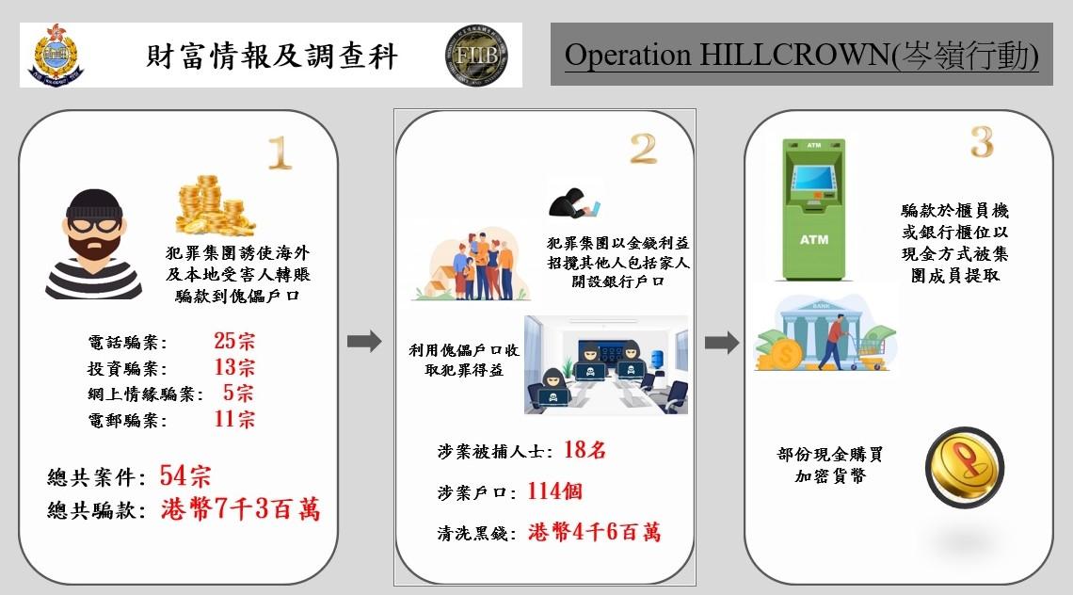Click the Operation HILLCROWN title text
(x=801, y=55)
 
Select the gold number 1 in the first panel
(x=279, y=152)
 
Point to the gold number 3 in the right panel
(x=982, y=142)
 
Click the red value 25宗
(x=234, y=341)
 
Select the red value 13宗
(x=234, y=367)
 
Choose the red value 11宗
(x=234, y=419)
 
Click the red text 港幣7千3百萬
(x=241, y=509)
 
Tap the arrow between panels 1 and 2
(x=364, y=341)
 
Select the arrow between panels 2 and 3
(x=722, y=342)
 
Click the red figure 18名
(x=585, y=450)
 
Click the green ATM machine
(x=813, y=209)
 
